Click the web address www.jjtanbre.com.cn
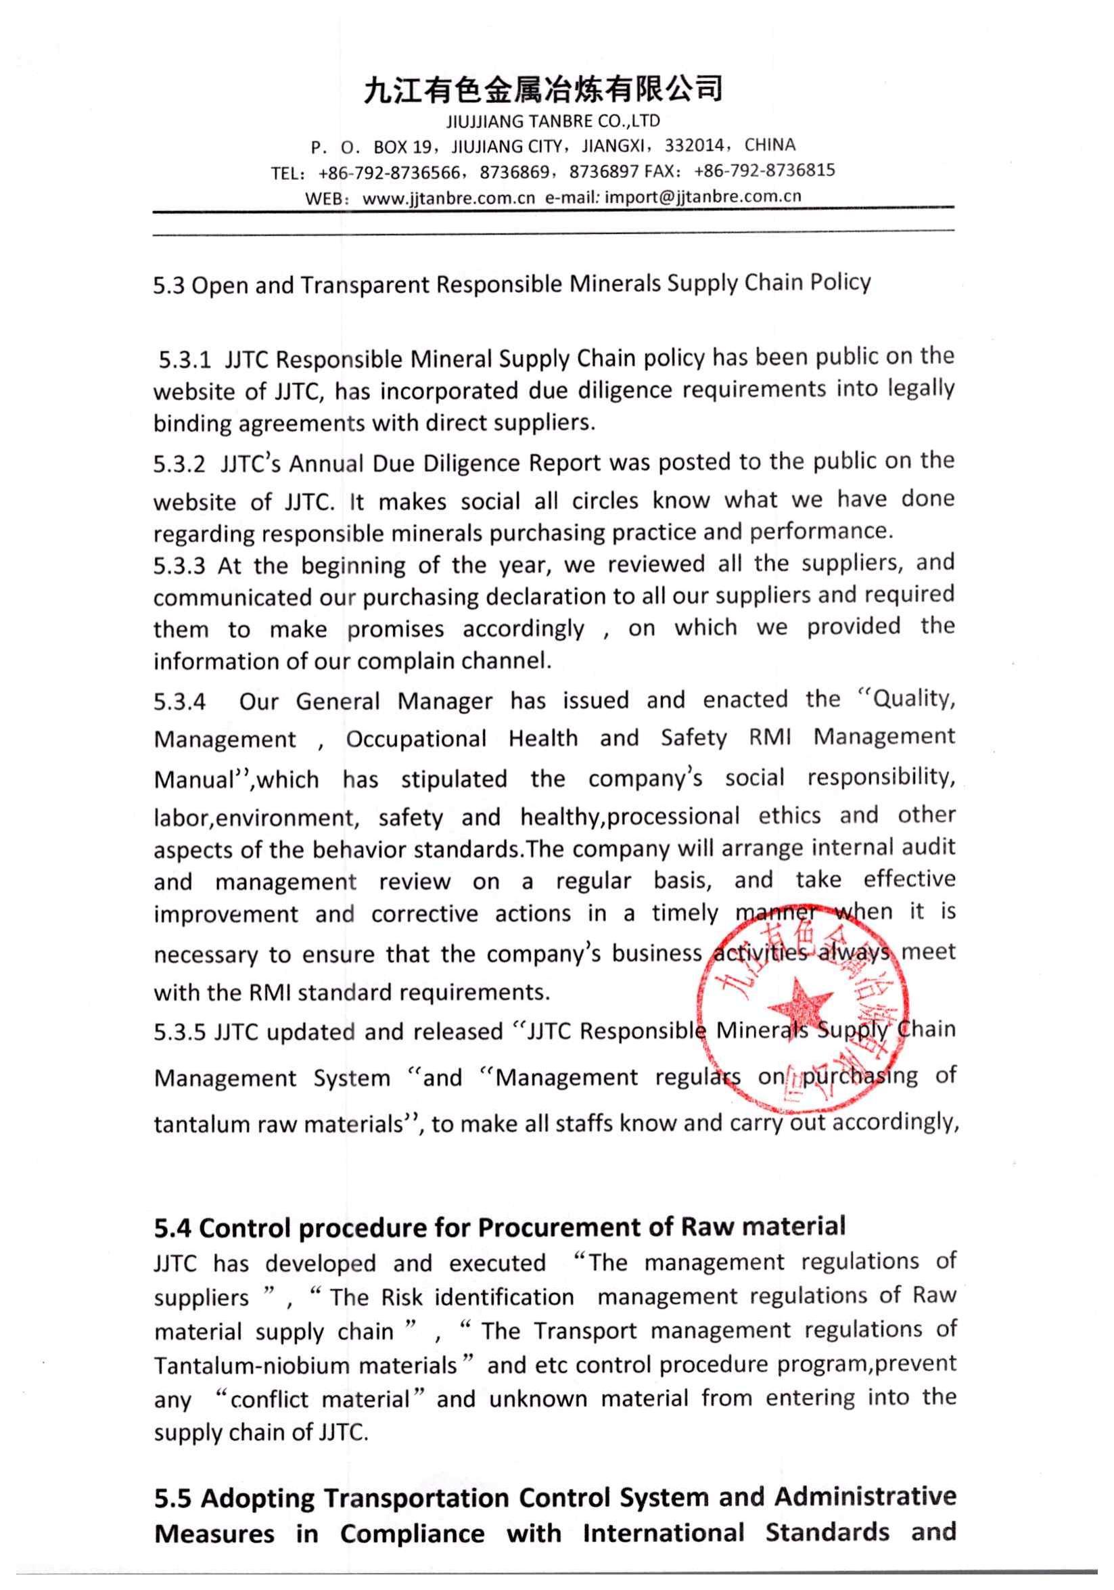tap(448, 199)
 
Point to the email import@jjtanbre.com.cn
tap(703, 197)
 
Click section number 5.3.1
tap(184, 360)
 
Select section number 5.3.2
tap(179, 464)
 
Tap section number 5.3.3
tap(179, 566)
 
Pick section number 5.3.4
tap(179, 702)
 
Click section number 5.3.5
tap(179, 1032)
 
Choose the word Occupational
tap(416, 739)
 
